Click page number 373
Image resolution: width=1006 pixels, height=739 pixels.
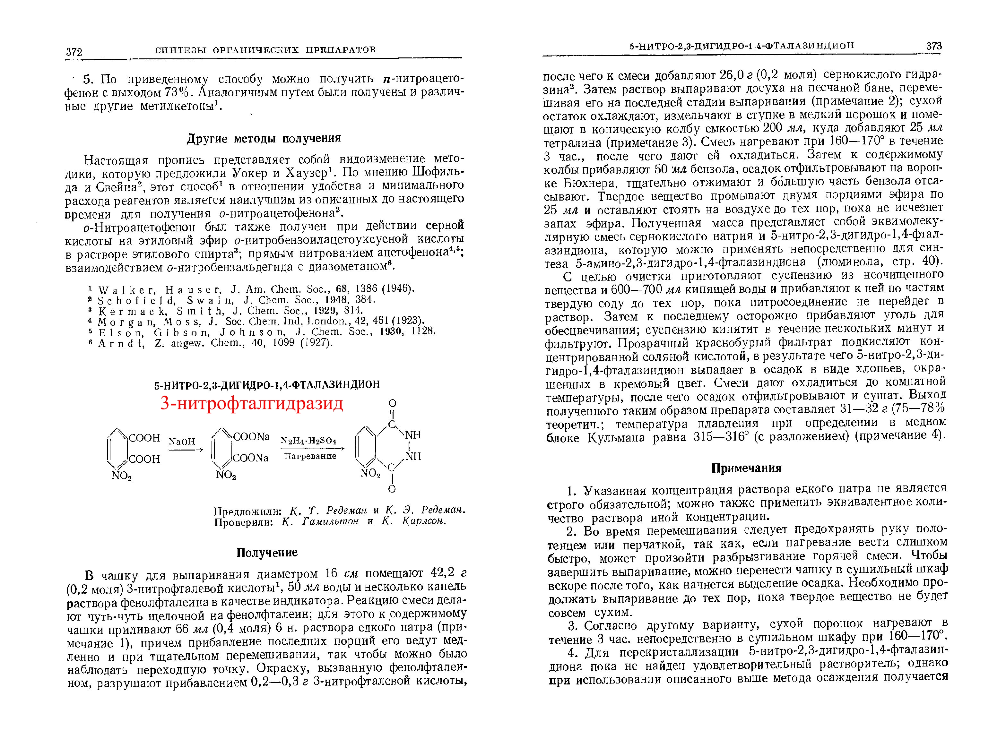pyautogui.click(x=934, y=46)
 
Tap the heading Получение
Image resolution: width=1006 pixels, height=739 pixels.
pyautogui.click(x=267, y=553)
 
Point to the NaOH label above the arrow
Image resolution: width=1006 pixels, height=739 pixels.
pyautogui.click(x=182, y=442)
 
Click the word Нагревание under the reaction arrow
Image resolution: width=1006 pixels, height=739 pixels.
pyautogui.click(x=310, y=456)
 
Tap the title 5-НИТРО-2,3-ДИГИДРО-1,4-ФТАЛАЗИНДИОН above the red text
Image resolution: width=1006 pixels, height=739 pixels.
pyautogui.click(x=267, y=385)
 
